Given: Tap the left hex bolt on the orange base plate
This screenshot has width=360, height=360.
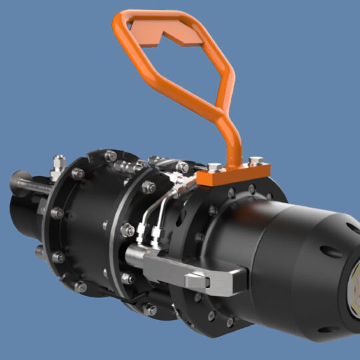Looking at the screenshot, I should (x=211, y=167).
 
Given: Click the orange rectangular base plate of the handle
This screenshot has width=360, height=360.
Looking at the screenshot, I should (x=233, y=175).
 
